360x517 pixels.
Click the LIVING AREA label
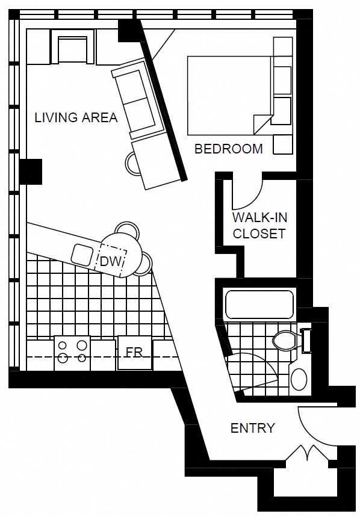(x=76, y=117)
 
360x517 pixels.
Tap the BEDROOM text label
(x=229, y=149)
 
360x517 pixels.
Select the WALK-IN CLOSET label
(x=259, y=225)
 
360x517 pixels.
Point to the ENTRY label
(x=253, y=429)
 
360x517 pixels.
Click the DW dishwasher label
(x=111, y=261)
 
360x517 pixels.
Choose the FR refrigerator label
(x=134, y=351)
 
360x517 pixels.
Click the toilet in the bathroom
(x=284, y=341)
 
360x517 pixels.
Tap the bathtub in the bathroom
(x=259, y=305)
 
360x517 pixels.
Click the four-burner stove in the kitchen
(x=72, y=351)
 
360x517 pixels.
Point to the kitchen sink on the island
(x=83, y=254)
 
